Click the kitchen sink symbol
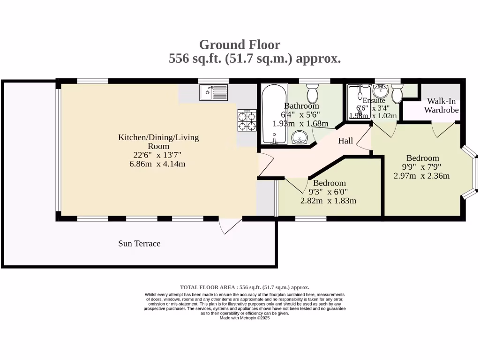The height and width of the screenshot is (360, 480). click(x=213, y=92)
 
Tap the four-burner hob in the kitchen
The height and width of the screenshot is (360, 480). click(x=247, y=120)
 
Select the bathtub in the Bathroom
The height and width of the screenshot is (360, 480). click(x=273, y=114)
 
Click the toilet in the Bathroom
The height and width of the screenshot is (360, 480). click(x=313, y=94)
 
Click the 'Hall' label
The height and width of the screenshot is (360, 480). click(x=345, y=141)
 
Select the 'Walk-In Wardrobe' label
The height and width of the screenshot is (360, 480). click(x=441, y=106)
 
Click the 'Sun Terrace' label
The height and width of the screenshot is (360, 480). click(x=139, y=244)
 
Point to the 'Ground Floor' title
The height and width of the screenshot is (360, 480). click(x=240, y=45)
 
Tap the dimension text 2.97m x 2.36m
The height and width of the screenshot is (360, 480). click(x=421, y=176)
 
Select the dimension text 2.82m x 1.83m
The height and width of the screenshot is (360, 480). click(x=329, y=201)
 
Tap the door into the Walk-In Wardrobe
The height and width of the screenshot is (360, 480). click(x=443, y=130)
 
